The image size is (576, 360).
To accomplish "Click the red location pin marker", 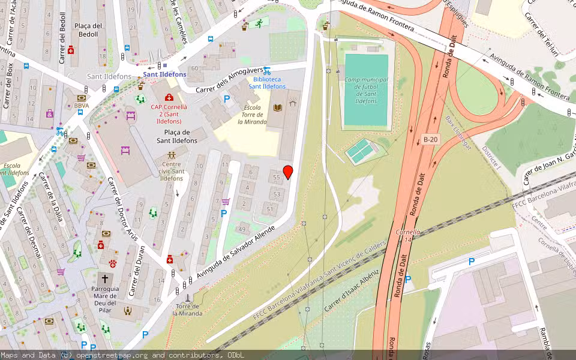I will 288,172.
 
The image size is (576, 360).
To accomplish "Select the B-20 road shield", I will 430,139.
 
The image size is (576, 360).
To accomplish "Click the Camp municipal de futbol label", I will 366,90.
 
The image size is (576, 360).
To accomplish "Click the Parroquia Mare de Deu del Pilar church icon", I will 105,279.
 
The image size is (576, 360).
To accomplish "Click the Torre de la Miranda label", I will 187,309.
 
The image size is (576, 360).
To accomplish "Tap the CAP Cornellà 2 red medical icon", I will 169,97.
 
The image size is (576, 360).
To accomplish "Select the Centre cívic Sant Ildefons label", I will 172,171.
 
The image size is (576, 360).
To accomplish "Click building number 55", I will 277,178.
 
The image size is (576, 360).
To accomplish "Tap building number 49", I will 243,229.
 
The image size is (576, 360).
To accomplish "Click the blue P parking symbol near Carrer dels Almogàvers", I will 227,100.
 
